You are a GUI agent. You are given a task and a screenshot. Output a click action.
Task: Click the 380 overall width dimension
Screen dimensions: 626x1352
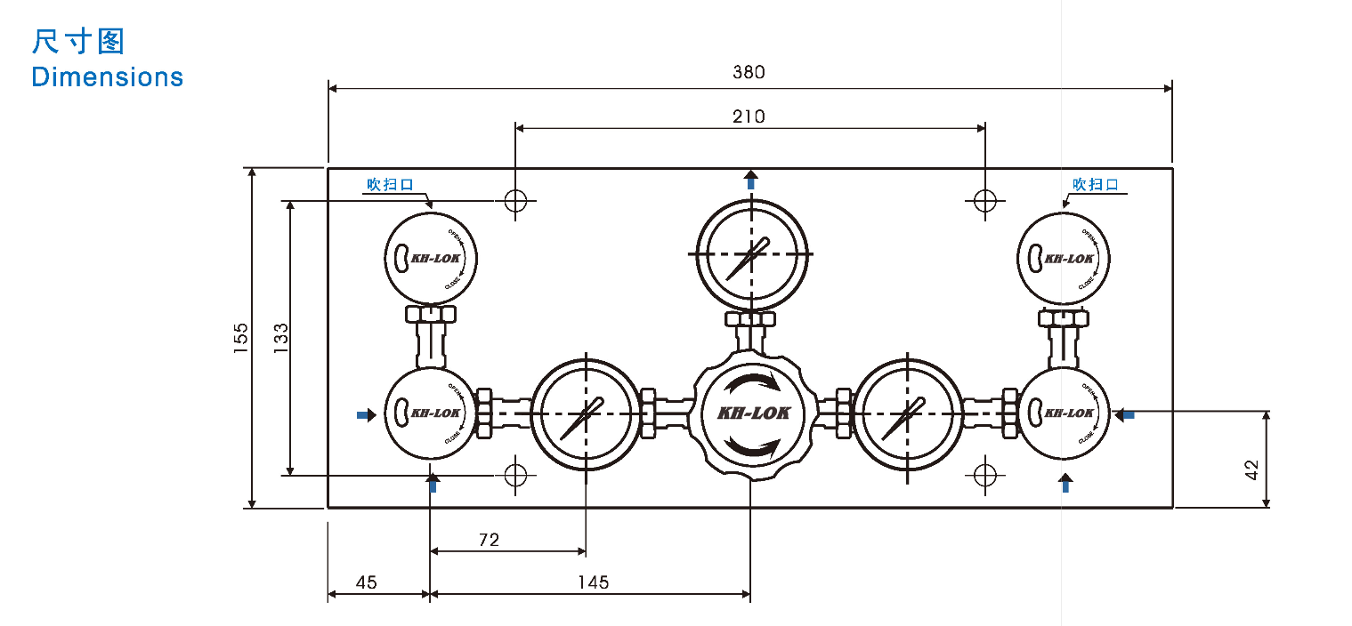pos(749,72)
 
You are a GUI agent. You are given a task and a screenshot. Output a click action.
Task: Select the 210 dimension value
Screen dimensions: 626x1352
pos(749,116)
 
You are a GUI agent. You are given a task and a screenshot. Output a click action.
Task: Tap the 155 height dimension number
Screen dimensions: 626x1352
pos(241,339)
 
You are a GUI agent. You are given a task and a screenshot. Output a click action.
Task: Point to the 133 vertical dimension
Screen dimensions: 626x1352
pos(280,339)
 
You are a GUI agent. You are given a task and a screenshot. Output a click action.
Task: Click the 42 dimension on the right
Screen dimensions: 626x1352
pos(1251,469)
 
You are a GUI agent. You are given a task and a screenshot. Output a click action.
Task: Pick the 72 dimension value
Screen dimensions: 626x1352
pos(489,539)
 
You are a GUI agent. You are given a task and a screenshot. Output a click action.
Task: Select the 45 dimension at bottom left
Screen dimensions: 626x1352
pos(366,582)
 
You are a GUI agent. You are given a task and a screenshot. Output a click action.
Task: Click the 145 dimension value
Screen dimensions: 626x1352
pos(593,582)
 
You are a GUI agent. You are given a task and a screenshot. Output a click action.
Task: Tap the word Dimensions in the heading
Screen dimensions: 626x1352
pos(107,77)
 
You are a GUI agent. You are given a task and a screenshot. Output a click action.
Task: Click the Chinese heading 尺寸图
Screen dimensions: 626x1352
pos(77,42)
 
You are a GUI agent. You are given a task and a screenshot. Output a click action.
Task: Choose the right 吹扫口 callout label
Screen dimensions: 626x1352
pos(1095,185)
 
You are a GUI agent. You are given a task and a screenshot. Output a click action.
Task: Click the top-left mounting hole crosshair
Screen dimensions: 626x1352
pos(515,200)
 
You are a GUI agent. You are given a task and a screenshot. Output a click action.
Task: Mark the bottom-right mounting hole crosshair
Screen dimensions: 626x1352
pos(984,474)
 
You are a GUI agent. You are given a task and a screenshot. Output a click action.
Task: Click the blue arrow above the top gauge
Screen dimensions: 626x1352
pos(751,180)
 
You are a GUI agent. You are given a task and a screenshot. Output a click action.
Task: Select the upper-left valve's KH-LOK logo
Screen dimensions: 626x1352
pos(434,259)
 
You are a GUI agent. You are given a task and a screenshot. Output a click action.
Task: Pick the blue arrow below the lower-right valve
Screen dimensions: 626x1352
pos(1065,482)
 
